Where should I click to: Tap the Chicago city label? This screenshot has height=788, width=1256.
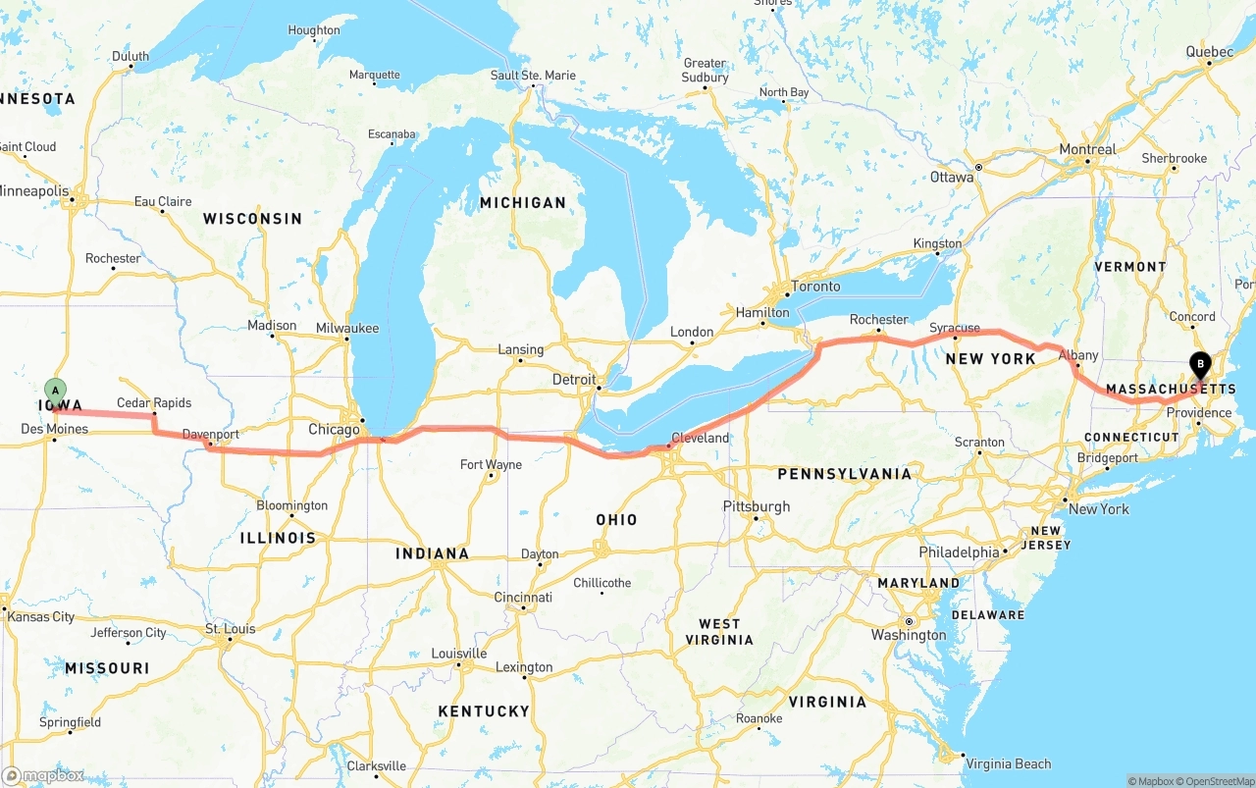[334, 430]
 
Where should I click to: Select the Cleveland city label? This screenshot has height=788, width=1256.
[700, 438]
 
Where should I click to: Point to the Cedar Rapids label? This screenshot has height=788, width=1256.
[154, 402]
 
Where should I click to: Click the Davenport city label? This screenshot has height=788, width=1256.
[211, 434]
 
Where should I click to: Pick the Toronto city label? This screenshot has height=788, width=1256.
[815, 287]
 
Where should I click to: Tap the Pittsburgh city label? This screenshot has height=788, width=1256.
[757, 506]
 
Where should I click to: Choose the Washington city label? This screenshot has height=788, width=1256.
[909, 635]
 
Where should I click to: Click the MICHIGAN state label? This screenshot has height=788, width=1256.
[523, 202]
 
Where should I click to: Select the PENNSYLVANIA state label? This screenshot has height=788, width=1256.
[845, 474]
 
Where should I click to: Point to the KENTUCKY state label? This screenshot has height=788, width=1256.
[484, 710]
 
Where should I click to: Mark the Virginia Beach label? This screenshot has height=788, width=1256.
[1008, 763]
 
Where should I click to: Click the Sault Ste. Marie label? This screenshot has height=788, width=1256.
[534, 75]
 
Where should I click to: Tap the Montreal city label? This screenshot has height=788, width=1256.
[1087, 149]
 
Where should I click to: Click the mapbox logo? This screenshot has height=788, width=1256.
[44, 775]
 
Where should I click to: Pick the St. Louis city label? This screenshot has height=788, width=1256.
[230, 628]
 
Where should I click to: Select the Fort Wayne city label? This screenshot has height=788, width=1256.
[491, 464]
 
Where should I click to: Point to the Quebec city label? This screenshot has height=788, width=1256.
[1209, 51]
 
